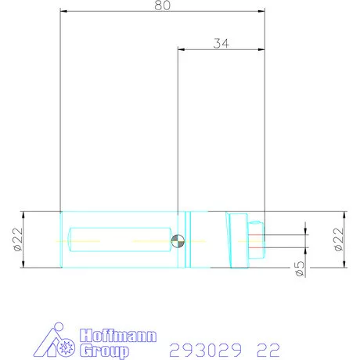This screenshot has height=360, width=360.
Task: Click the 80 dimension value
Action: (x=162, y=5)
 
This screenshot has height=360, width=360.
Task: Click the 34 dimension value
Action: (x=221, y=44)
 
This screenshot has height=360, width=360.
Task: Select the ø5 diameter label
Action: (x=299, y=268)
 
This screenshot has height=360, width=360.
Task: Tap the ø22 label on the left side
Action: (x=16, y=240)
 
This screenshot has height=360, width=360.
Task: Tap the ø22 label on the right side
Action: (x=338, y=239)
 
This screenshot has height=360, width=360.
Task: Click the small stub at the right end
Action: (x=256, y=240)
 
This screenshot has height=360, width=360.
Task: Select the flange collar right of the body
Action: (x=237, y=240)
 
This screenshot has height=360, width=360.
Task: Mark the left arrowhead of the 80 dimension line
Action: (x=63, y=12)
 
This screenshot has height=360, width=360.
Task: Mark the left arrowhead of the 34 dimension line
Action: (x=181, y=50)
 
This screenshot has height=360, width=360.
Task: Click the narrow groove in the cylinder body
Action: (x=188, y=240)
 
